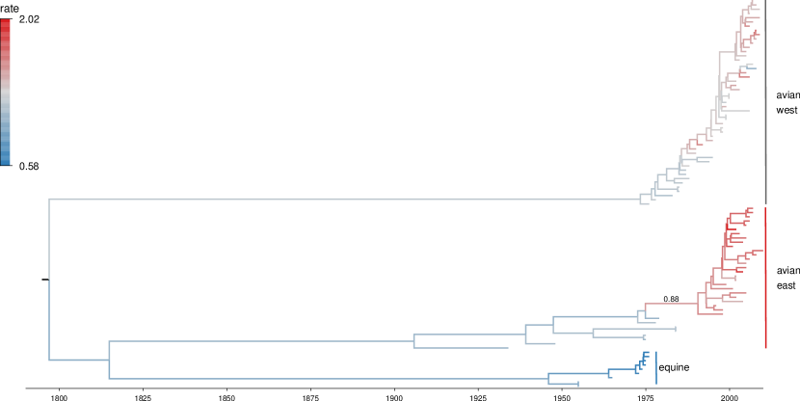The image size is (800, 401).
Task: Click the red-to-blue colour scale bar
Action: coord(6,92)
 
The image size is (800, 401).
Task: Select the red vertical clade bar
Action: coord(765,278)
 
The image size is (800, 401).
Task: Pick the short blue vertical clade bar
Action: coord(656,367)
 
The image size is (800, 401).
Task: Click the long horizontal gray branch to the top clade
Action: coord(337,199)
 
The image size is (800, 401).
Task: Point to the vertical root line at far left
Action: coord(49,280)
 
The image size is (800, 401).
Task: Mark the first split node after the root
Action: coord(109,360)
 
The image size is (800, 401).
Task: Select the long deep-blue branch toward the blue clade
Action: coord(328,378)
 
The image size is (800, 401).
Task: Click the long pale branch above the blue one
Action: coord(260,341)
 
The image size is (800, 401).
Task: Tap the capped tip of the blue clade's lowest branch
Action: coord(577,384)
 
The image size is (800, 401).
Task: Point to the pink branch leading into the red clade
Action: coord(670,304)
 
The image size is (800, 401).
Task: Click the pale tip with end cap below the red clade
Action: coord(675,329)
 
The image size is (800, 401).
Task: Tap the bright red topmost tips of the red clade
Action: coord(750,209)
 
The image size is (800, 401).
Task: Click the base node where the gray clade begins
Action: coord(641,199)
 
